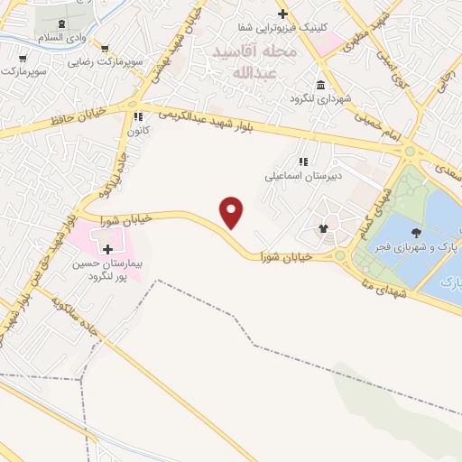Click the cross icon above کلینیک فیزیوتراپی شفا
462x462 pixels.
pyautogui.click(x=282, y=14)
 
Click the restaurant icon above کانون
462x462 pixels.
pyautogui.click(x=137, y=116)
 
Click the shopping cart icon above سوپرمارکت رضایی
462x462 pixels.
pyautogui.click(x=106, y=49)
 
